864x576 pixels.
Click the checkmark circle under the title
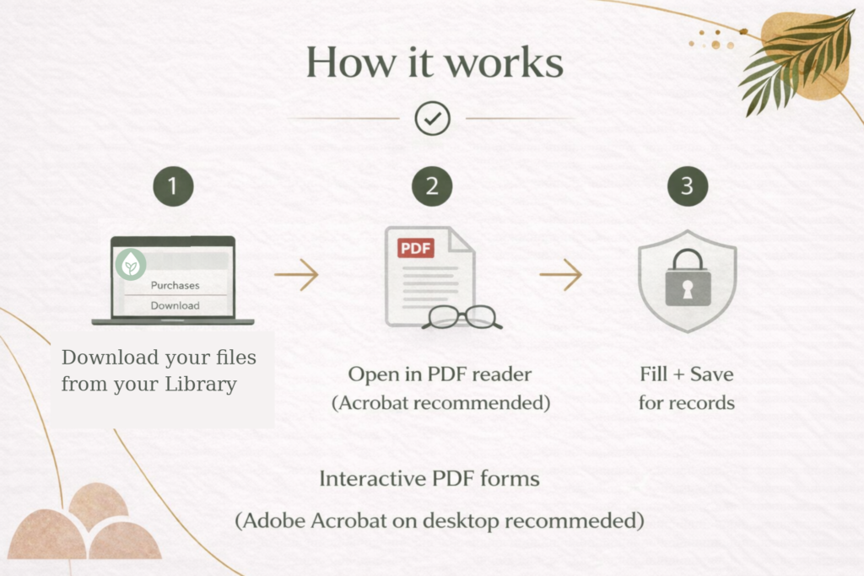tap(433, 118)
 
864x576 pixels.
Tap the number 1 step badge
tap(174, 186)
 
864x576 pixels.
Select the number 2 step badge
tap(432, 186)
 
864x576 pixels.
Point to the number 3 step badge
tap(688, 186)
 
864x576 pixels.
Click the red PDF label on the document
tap(416, 248)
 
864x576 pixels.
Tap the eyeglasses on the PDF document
tap(462, 317)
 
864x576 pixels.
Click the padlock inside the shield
tap(688, 277)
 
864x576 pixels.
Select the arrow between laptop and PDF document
tap(296, 274)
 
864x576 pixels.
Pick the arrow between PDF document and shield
tap(560, 274)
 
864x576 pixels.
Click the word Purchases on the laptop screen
tap(175, 285)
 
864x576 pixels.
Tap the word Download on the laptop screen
tap(175, 305)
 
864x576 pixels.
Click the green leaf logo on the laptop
tap(131, 264)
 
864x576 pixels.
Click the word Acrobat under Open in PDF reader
tap(373, 402)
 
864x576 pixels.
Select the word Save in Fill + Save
tap(712, 374)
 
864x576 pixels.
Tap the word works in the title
tap(505, 62)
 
